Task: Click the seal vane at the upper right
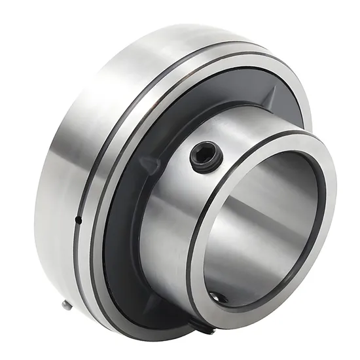click(268, 98)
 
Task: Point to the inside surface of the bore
click(262, 216)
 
